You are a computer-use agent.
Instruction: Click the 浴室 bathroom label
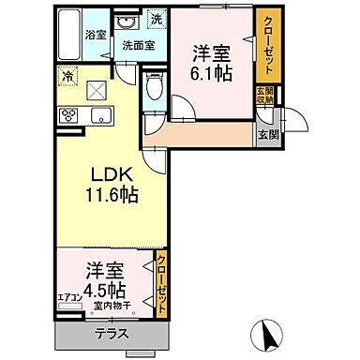pos(96,35)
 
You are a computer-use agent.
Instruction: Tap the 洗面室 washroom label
pos(136,44)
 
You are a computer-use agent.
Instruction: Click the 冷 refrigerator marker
pos(68,74)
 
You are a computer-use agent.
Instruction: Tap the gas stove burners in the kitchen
pos(68,115)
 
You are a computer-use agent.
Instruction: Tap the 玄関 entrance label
pos(268,134)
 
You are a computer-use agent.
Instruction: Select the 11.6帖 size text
pos(111,198)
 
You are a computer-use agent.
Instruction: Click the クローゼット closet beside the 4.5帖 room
pos(162,281)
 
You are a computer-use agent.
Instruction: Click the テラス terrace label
pos(112,333)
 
